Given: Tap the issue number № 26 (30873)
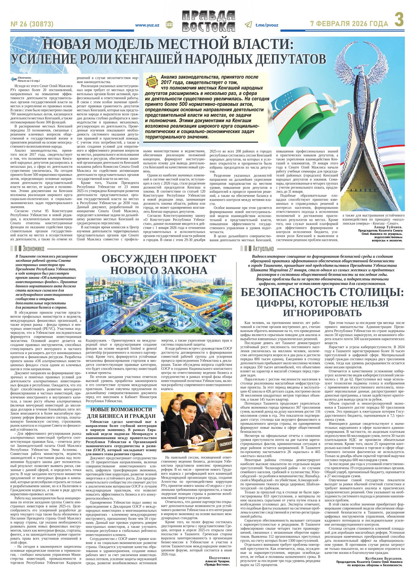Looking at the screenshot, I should coord(32,24).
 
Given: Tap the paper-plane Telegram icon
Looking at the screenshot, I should coord(248,25).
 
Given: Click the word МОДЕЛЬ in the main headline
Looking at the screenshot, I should coord(130,44).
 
